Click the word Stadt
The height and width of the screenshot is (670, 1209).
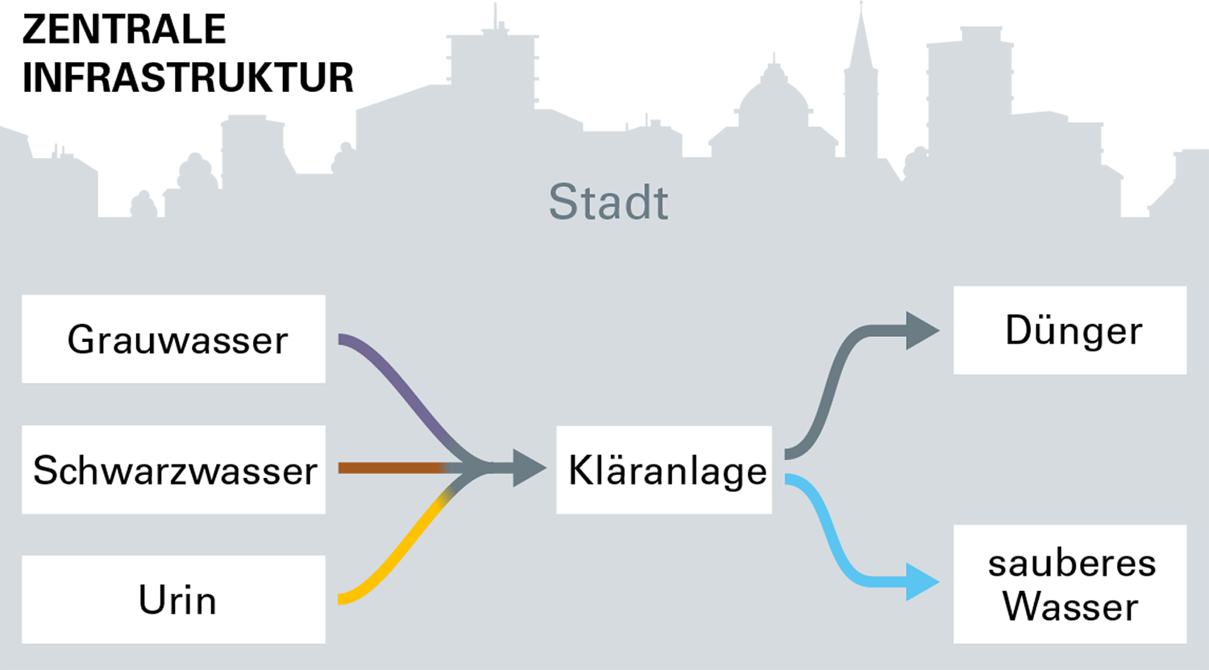609,202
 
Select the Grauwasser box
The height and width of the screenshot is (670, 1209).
173,339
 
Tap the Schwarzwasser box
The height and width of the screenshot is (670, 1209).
173,469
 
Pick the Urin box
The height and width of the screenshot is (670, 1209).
173,599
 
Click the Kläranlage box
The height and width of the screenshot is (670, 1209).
664,470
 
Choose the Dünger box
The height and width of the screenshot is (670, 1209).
1070,330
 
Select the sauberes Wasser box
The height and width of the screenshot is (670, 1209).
1070,584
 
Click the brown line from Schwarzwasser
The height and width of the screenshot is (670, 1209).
387,468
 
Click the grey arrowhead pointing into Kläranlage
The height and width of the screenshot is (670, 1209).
528,468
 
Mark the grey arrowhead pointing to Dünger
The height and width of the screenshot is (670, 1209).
920,331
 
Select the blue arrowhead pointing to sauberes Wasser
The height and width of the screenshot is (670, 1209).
920,581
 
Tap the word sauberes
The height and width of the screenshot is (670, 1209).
1072,564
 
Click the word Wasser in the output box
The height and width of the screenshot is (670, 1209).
1070,606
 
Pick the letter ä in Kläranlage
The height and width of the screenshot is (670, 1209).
617,470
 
